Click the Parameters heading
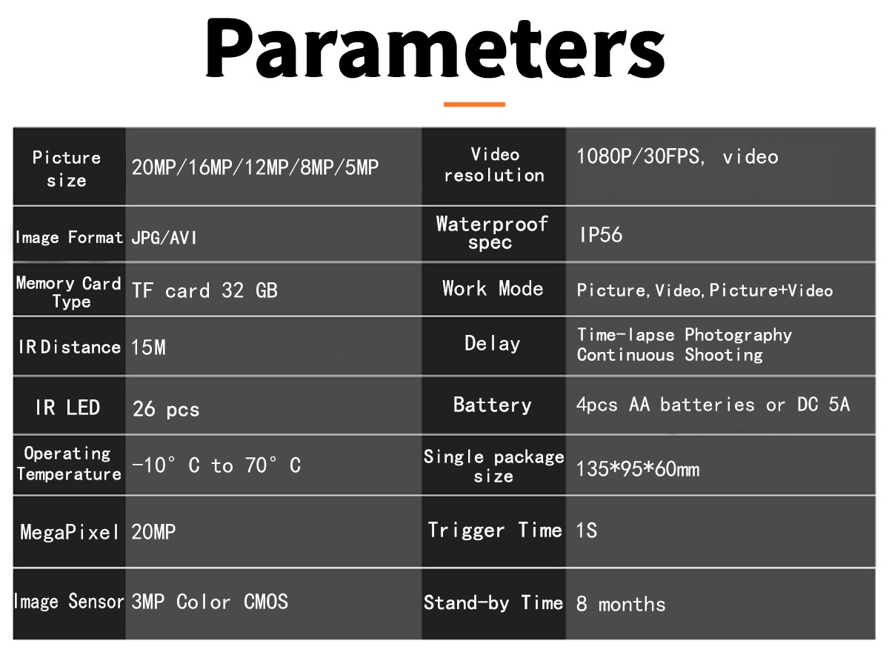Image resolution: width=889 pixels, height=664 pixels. point(435,48)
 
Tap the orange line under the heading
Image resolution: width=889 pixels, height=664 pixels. point(474,104)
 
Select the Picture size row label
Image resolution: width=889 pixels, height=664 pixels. point(67,168)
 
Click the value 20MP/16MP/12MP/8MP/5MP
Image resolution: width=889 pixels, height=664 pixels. point(255,167)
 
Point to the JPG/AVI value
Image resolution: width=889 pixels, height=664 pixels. point(164,237)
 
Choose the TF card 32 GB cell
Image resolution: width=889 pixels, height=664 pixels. point(204,290)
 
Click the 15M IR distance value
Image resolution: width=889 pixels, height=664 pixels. point(148,348)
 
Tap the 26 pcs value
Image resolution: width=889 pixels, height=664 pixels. point(166,409)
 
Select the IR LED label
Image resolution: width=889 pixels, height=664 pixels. point(67,407)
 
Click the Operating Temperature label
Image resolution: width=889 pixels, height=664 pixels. point(68,463)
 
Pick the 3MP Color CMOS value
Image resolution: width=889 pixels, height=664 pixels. point(210,601)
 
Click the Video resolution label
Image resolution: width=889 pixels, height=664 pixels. point(494,165)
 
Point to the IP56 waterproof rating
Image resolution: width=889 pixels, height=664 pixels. point(601,235)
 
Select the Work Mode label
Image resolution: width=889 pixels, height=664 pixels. point(493,288)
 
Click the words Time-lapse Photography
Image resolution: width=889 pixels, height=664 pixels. point(684,335)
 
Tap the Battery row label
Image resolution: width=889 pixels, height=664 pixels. point(492,405)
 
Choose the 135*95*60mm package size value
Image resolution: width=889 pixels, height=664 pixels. point(638,469)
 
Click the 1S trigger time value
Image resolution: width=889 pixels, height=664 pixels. point(587,530)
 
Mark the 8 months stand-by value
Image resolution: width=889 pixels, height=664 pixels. point(621,604)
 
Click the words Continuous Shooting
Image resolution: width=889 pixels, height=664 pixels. point(670,355)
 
